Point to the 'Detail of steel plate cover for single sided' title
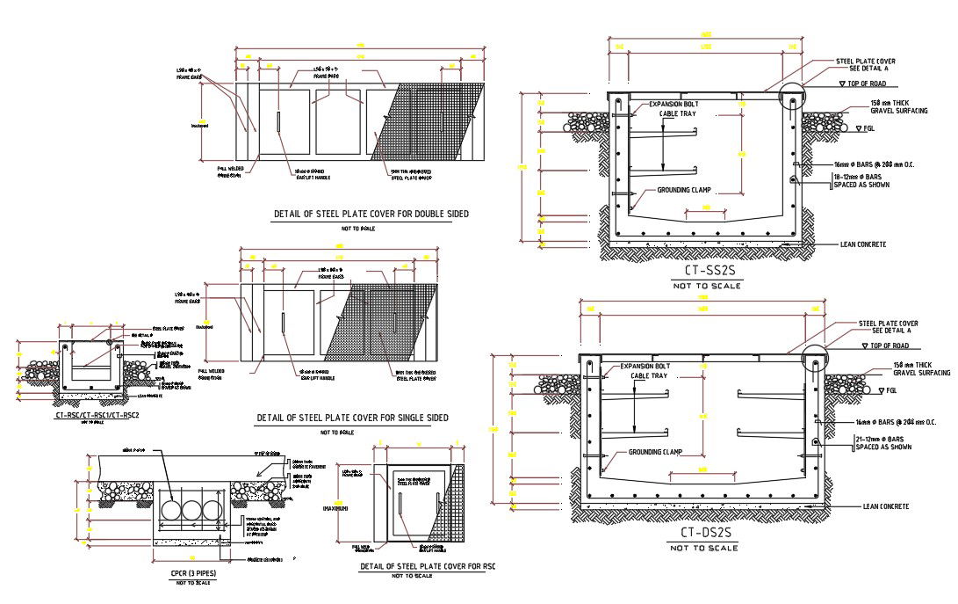coord(352,418)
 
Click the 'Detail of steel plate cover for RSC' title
coord(428,566)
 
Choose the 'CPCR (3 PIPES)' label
coord(192,573)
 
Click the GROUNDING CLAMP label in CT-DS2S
coord(655,453)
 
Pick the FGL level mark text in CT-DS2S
coord(890,389)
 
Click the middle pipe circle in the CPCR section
coord(191,513)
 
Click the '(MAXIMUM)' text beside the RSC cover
coord(338,508)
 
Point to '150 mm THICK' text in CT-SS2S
coord(889,104)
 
